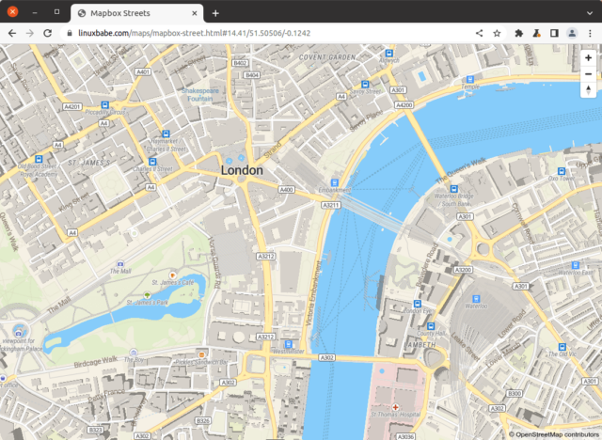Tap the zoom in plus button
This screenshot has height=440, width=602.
tap(588, 57)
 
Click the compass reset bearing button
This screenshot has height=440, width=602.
tap(588, 91)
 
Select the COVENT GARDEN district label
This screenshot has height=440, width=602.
tap(325, 57)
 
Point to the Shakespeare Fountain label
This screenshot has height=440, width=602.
tap(202, 94)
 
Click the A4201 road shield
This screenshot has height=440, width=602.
tap(72, 107)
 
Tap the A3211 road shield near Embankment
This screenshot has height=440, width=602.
tap(330, 205)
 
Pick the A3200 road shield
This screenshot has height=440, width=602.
tap(463, 269)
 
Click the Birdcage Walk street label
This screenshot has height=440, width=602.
tap(97, 359)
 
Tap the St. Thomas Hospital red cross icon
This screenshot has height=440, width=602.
tap(395, 407)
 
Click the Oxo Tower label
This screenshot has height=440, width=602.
tap(561, 178)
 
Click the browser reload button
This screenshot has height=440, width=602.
tap(47, 33)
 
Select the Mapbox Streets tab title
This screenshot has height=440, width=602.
tap(122, 13)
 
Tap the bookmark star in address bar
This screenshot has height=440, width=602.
tap(497, 33)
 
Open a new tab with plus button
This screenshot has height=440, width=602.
tap(215, 13)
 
